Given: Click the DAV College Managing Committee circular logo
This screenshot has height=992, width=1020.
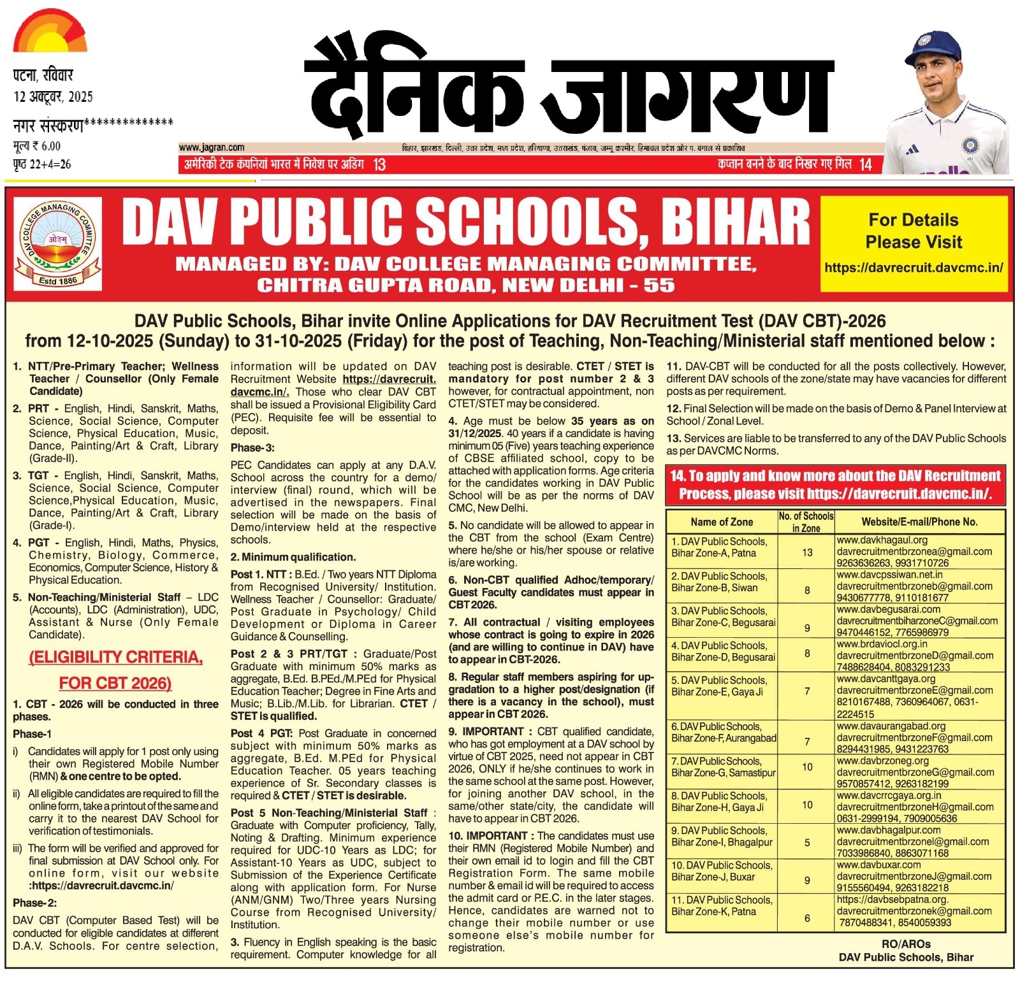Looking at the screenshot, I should [57, 243].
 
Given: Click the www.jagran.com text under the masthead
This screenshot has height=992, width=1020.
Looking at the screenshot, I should [212, 147].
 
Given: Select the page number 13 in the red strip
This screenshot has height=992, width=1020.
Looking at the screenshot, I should [379, 164].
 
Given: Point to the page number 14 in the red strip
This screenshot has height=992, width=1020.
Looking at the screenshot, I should [865, 164].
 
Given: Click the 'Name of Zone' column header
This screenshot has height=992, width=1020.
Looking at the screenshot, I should [721, 522].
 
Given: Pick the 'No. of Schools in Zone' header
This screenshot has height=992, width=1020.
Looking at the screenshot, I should [806, 522].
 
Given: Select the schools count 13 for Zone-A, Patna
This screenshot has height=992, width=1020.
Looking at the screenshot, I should [807, 552].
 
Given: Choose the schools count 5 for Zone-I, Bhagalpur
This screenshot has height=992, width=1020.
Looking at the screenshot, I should [807, 842].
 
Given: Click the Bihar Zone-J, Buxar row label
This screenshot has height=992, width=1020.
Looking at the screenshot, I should [721, 871].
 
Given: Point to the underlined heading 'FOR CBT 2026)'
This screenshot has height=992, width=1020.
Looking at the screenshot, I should [115, 683].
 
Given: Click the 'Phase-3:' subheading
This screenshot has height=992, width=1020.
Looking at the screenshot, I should [252, 448].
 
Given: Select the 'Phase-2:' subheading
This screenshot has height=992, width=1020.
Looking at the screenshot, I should [34, 903].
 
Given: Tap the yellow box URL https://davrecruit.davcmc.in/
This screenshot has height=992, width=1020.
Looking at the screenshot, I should [914, 268].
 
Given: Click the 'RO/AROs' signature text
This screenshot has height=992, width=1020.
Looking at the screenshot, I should [906, 944].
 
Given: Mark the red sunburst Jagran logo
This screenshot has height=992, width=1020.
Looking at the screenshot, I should [50, 31].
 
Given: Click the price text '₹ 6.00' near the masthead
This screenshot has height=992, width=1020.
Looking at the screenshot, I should [47, 146].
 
